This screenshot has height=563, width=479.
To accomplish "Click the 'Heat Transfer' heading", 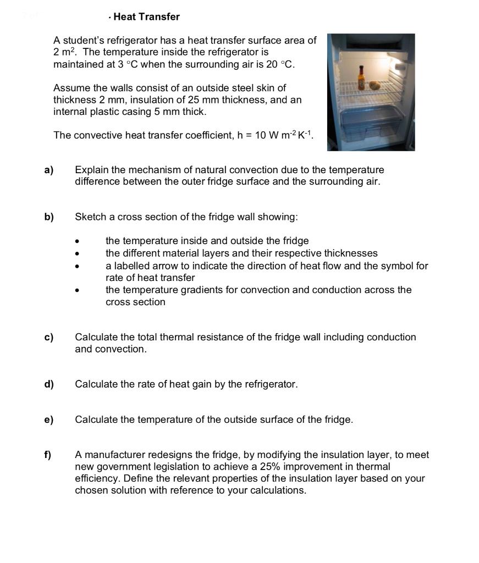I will click(x=146, y=17).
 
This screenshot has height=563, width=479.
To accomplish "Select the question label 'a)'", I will click(x=49, y=170).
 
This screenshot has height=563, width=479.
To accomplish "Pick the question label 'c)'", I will click(x=49, y=337).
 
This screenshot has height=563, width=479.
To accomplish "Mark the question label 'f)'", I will click(x=48, y=455).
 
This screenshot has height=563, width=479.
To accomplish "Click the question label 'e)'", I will click(x=49, y=420).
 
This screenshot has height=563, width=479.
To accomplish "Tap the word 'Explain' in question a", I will click(x=93, y=170).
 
